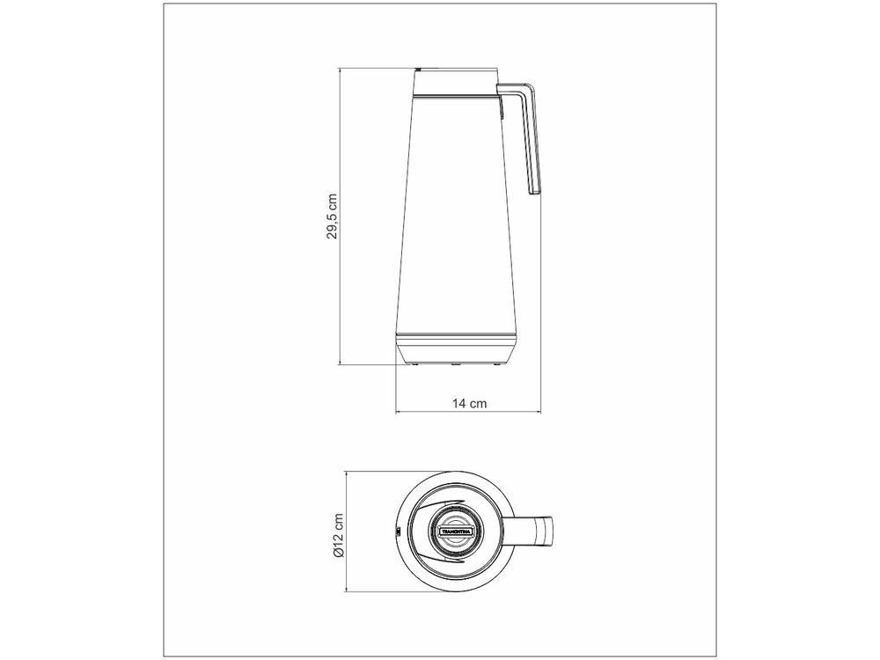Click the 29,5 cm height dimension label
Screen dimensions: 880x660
tap(333, 216)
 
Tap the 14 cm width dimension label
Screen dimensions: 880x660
tap(469, 403)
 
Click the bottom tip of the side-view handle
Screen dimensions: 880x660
tap(535, 194)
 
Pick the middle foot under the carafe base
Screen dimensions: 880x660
tap(456, 365)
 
